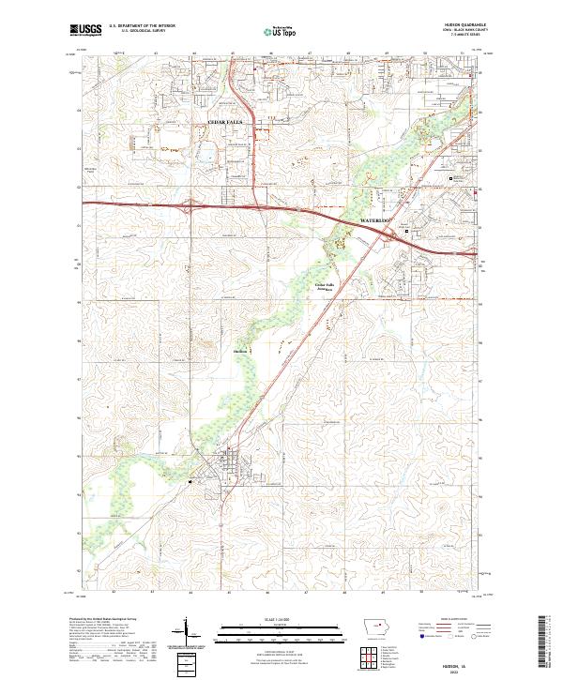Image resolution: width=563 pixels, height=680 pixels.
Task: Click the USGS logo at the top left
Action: pyautogui.click(x=85, y=30)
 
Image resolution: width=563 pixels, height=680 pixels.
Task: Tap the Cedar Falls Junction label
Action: pyautogui.click(x=324, y=287)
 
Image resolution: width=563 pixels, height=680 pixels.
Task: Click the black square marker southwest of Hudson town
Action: pyautogui.click(x=191, y=483)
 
